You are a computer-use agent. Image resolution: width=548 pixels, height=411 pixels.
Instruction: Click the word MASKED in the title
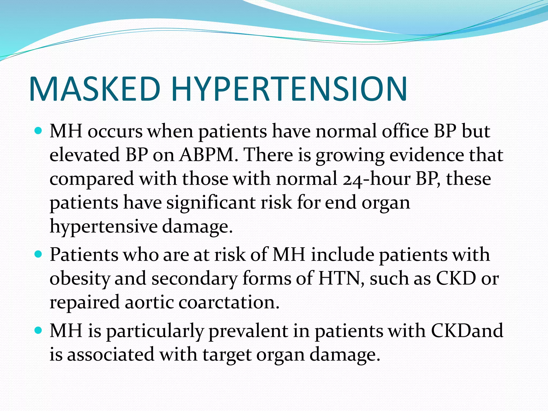[x=95, y=89]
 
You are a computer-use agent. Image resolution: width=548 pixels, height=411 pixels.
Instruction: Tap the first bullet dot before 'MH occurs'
[x=39, y=131]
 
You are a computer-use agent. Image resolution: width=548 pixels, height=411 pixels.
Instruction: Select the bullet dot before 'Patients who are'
[x=39, y=254]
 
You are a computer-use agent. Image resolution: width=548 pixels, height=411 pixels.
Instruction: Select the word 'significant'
[x=211, y=203]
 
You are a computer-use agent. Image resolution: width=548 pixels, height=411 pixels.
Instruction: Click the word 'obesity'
[x=80, y=279]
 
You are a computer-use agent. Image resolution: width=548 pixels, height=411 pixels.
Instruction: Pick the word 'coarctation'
[x=229, y=302]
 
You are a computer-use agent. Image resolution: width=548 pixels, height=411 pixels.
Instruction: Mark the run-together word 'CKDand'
[x=467, y=331]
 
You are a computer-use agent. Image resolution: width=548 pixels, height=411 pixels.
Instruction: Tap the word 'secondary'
[x=195, y=279]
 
